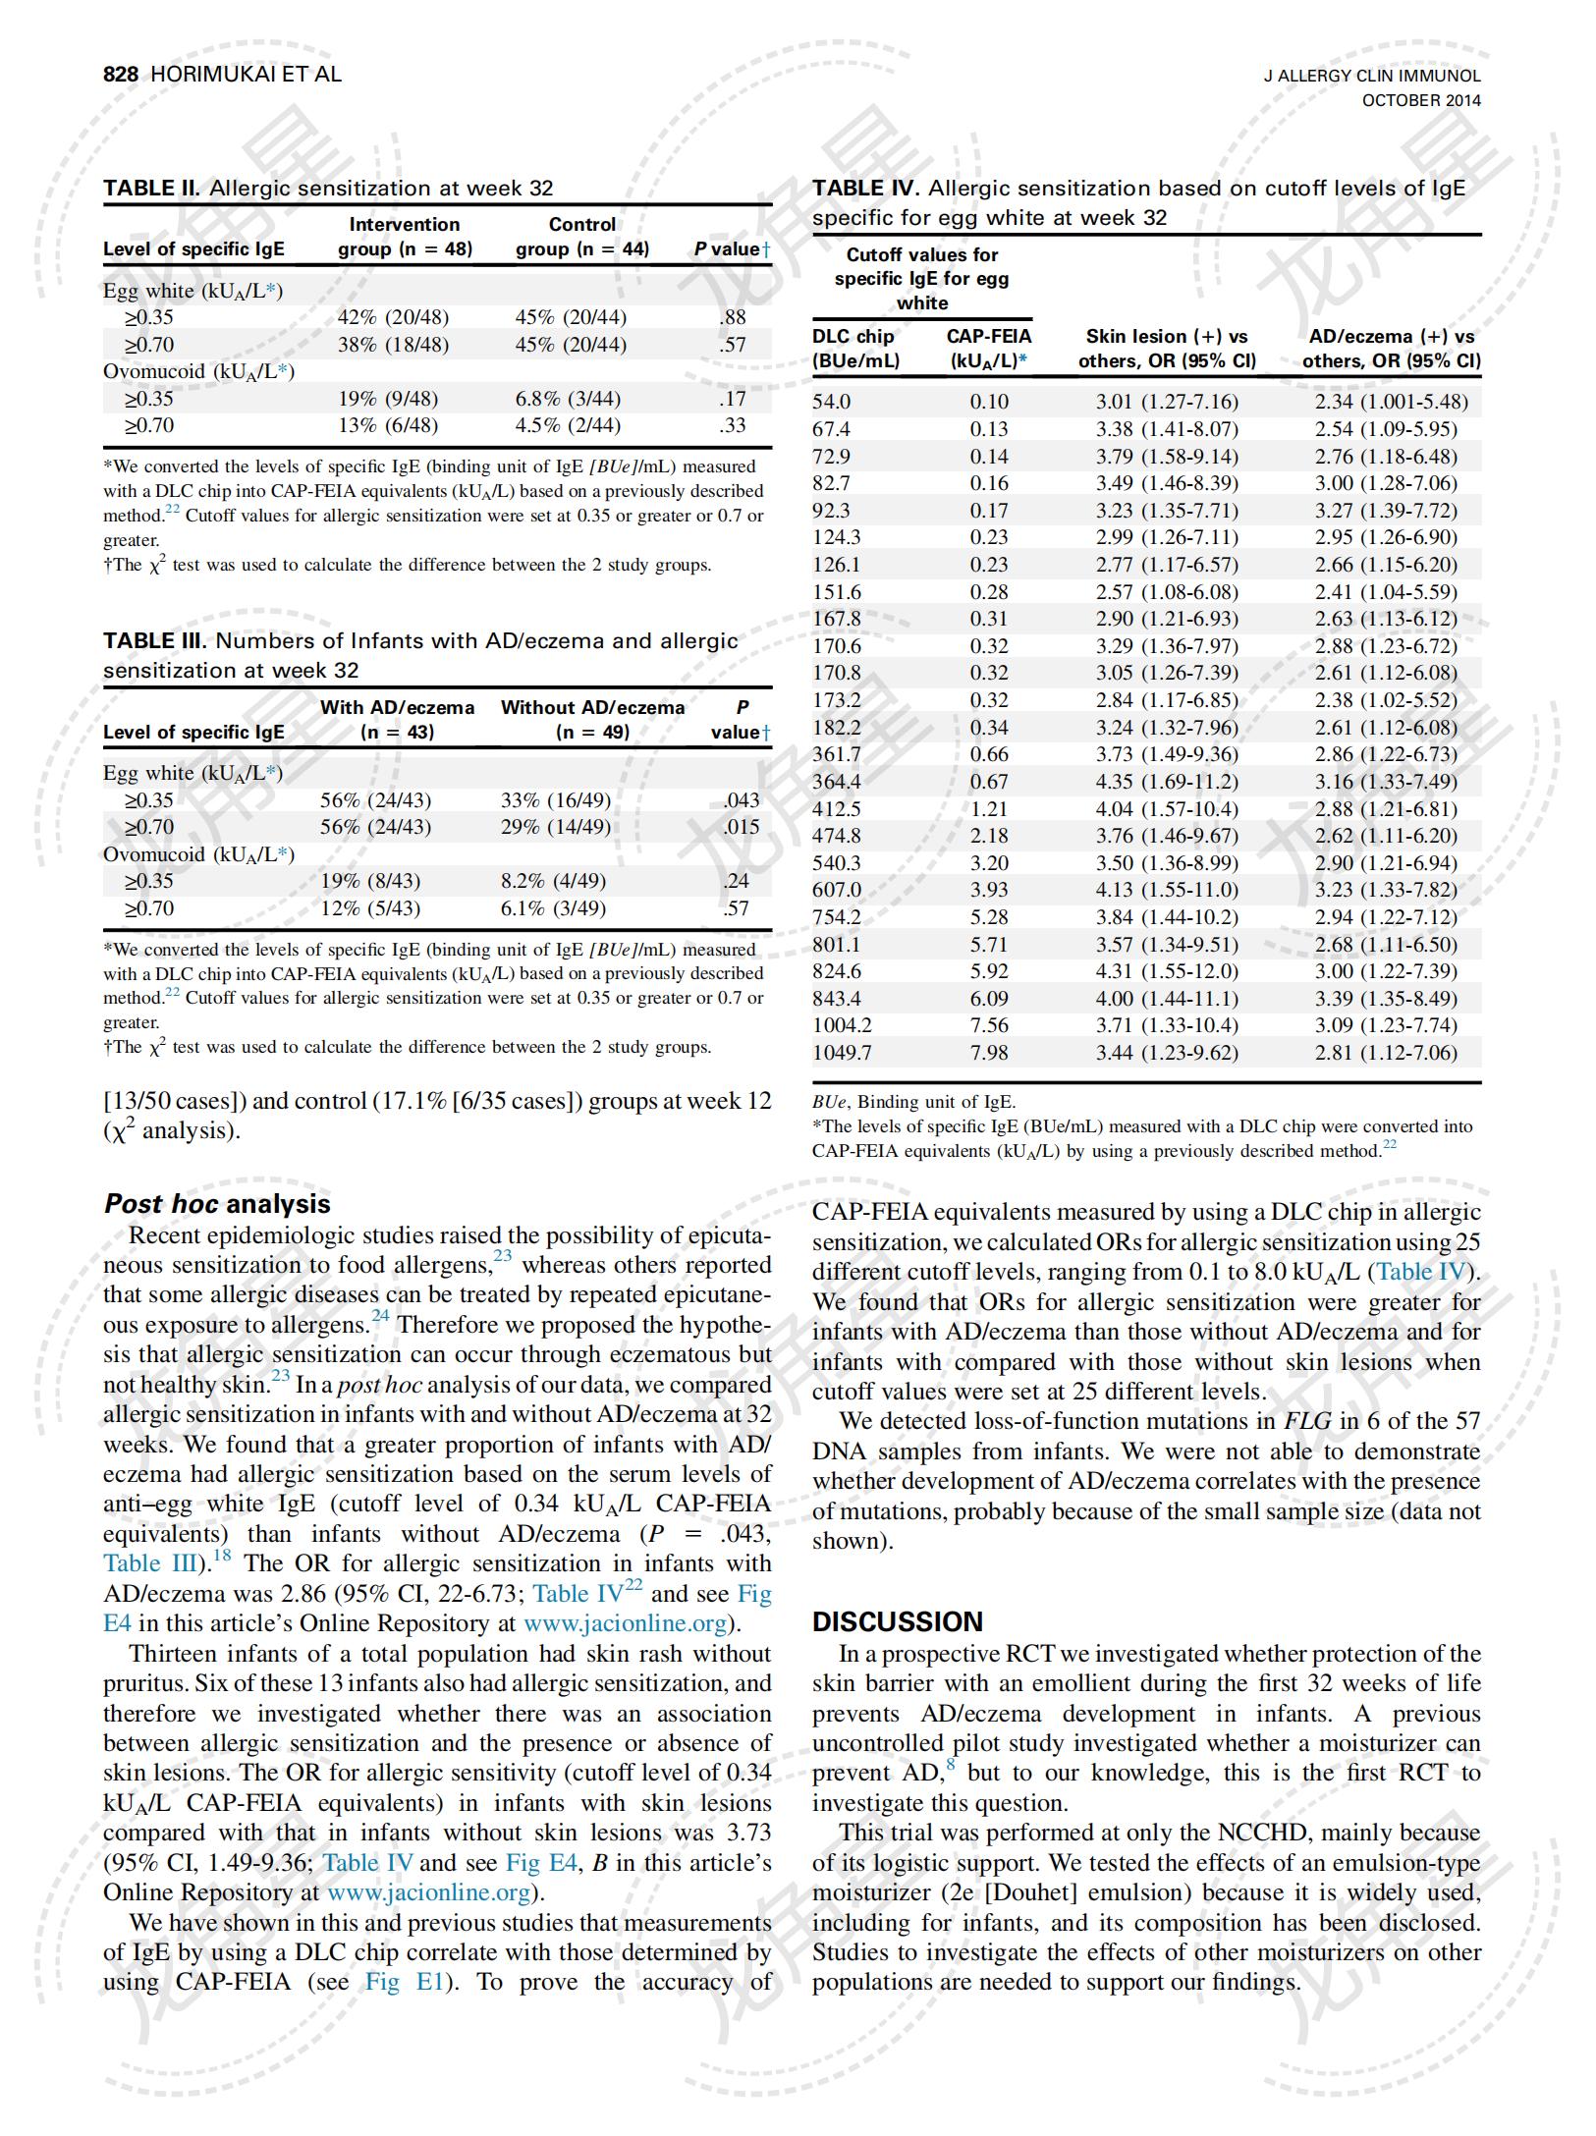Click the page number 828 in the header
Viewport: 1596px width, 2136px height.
[x=123, y=75]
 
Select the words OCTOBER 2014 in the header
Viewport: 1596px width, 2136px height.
[x=1420, y=100]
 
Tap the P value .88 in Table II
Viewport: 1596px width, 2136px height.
[x=732, y=317]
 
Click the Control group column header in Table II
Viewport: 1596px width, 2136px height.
[x=582, y=237]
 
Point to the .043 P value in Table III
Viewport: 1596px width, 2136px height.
[x=741, y=800]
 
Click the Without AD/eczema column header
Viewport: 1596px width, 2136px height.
[x=592, y=719]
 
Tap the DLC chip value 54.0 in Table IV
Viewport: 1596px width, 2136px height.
[x=832, y=402]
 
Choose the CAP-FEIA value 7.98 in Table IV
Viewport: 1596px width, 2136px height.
[x=989, y=1053]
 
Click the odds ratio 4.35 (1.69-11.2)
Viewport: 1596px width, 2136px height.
[x=1167, y=782]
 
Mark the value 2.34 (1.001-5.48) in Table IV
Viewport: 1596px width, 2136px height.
[x=1391, y=402]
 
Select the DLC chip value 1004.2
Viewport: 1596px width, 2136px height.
[x=842, y=1025]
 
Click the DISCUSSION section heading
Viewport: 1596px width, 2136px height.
[x=897, y=1621]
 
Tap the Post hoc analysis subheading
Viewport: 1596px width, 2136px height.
[x=217, y=1204]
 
